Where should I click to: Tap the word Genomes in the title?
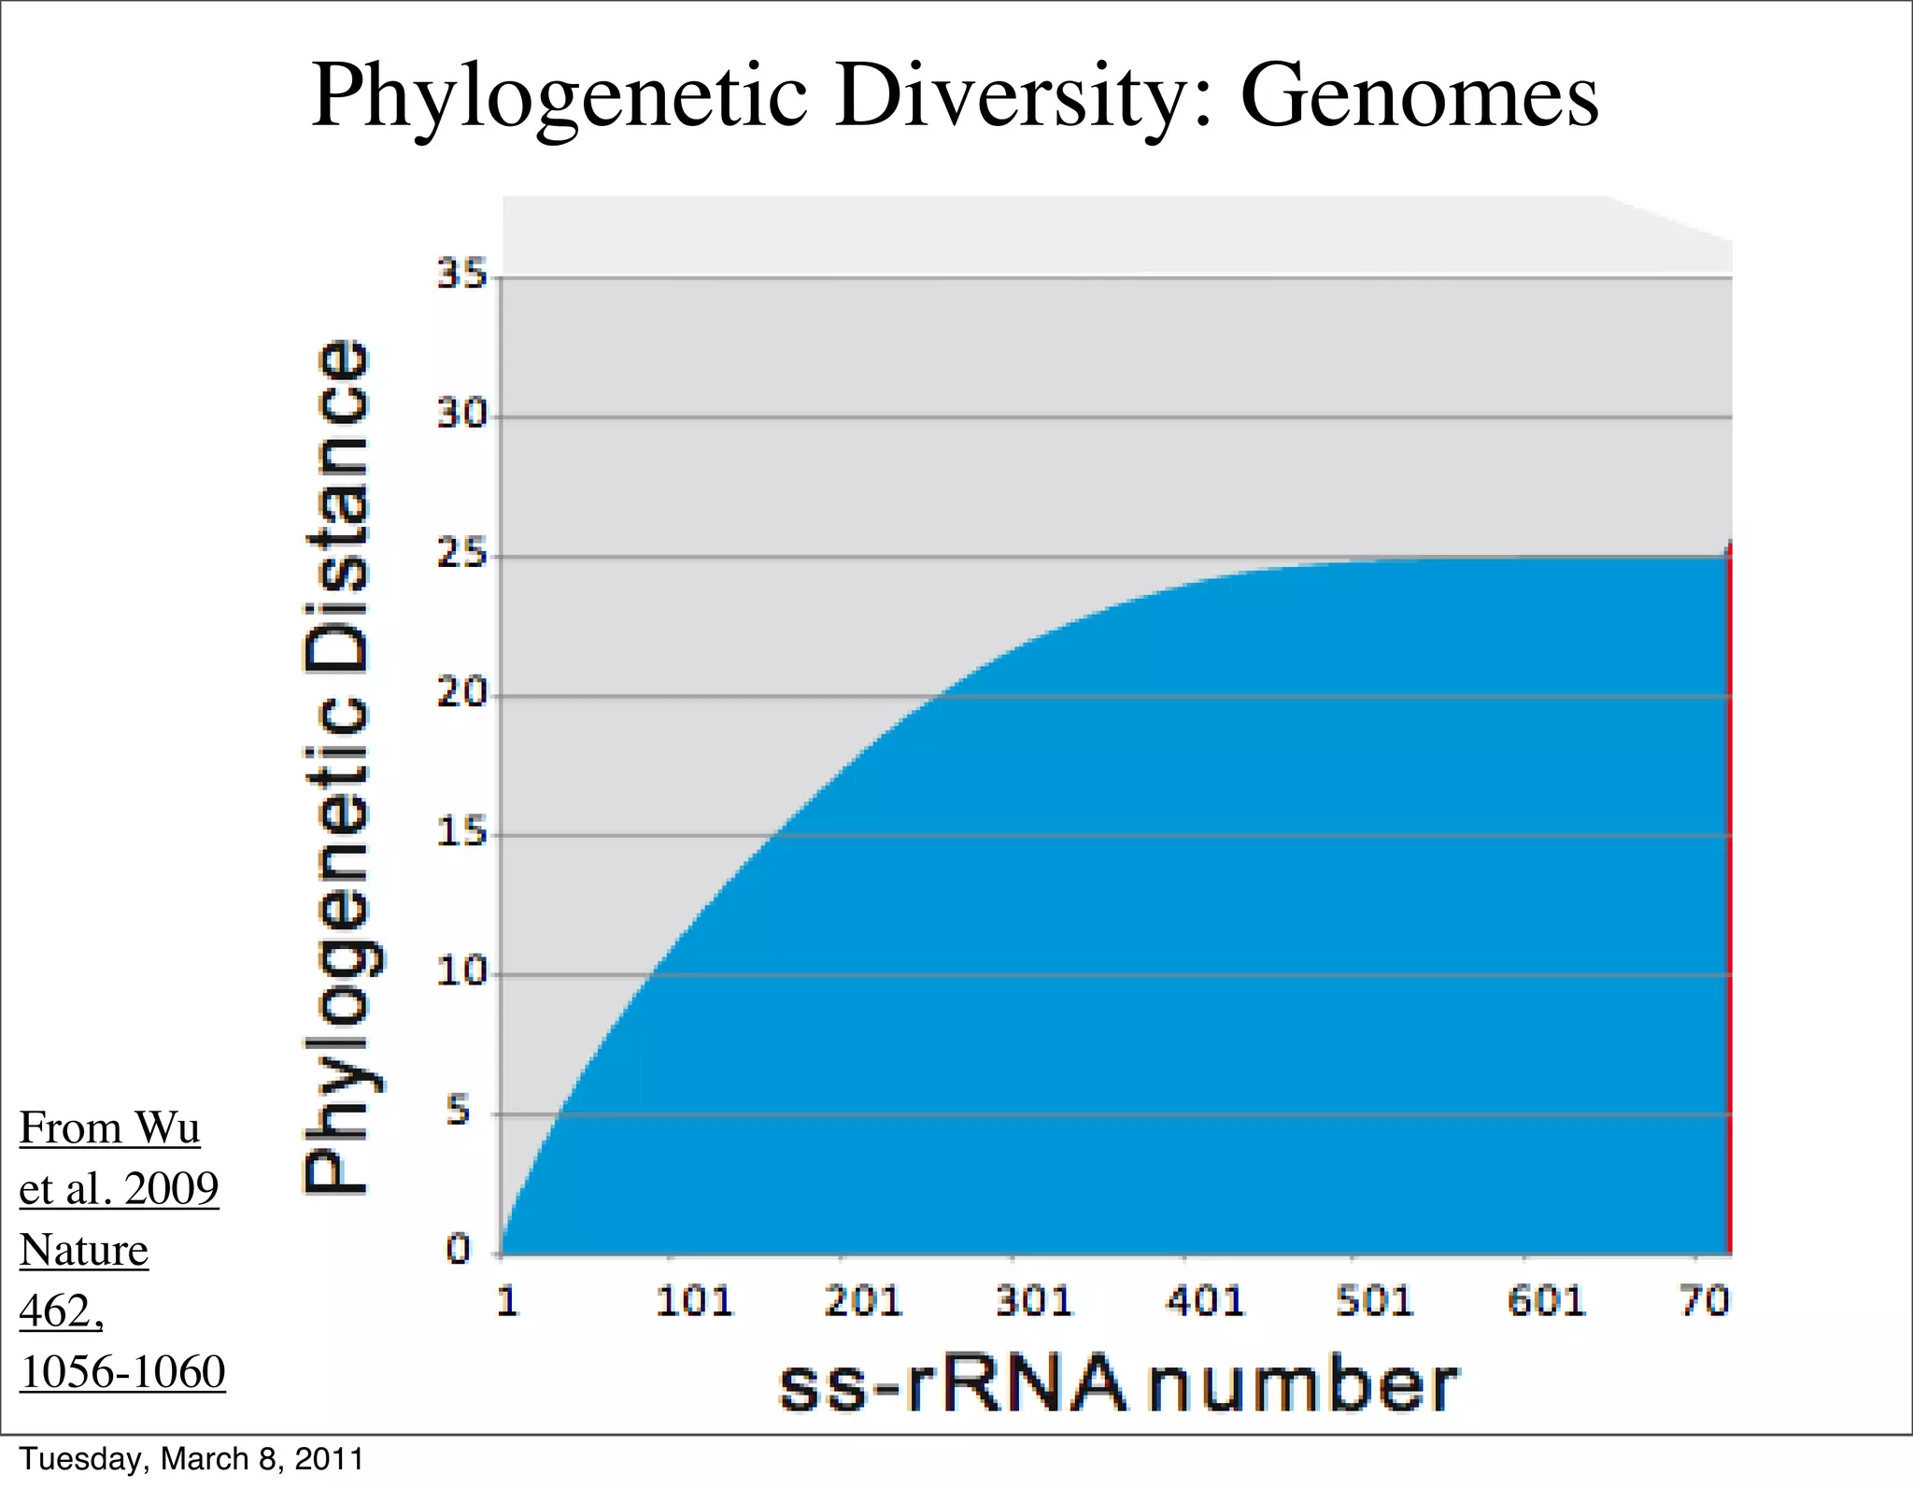coord(1419,97)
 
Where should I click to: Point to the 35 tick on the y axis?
coord(462,276)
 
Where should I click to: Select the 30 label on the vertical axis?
coord(462,415)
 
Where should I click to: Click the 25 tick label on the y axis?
coord(462,555)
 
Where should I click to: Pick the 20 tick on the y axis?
coord(462,694)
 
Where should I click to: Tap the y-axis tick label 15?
coord(462,833)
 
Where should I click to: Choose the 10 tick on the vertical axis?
coord(462,973)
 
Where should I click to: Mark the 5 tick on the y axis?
coord(457,1112)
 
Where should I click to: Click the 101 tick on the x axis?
coord(694,1301)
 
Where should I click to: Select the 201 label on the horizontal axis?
coord(864,1301)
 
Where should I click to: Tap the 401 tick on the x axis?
coord(1206,1301)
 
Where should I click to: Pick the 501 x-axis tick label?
coord(1376,1301)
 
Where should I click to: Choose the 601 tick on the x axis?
coord(1547,1301)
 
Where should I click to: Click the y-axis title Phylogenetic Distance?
coord(338,766)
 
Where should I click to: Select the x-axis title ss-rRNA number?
coord(1117,1384)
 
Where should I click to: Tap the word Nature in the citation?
coord(84,1250)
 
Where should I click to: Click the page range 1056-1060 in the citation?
coord(122,1372)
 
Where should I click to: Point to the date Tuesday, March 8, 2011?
coord(191,1459)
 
